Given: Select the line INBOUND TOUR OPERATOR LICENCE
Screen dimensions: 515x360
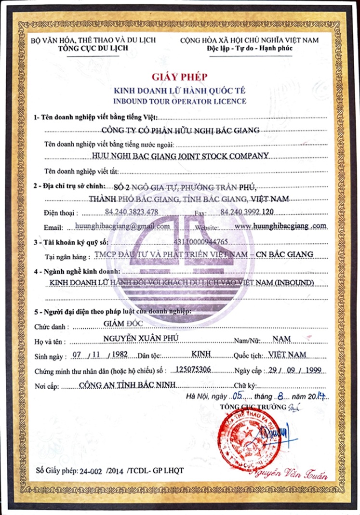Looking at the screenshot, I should point(179,101).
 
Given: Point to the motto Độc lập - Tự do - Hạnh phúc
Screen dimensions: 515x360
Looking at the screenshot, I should point(249,48).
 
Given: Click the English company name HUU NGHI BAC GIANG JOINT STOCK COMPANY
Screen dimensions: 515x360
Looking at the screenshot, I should point(179,155).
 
